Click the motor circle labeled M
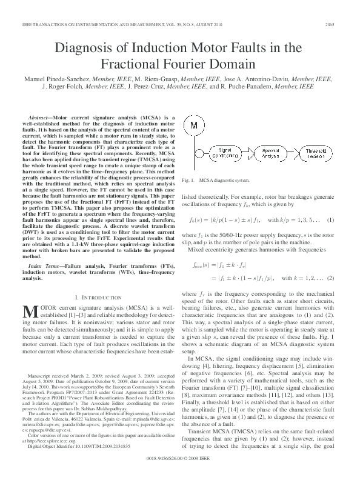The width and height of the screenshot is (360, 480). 195,125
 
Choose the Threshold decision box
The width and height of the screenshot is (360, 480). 316,152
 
